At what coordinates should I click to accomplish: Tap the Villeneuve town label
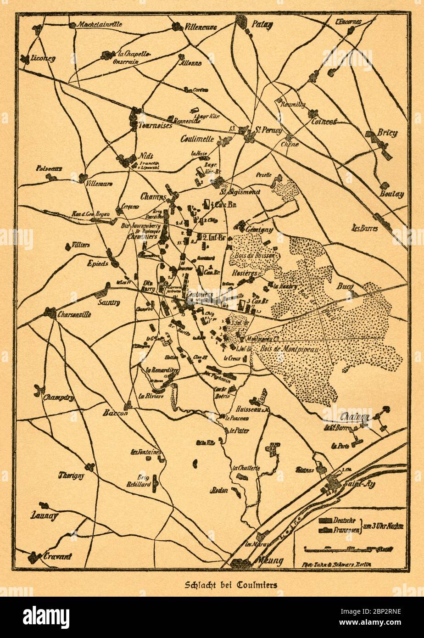(x=201, y=27)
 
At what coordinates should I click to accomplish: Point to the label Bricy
(x=387, y=133)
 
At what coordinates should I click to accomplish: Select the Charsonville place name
(x=74, y=315)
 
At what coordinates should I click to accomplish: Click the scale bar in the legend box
(x=349, y=549)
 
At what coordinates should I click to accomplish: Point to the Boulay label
(x=391, y=194)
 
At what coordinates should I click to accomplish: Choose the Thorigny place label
(x=71, y=476)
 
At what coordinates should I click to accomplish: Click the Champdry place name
(x=58, y=398)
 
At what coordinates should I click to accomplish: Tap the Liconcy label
(x=43, y=59)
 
